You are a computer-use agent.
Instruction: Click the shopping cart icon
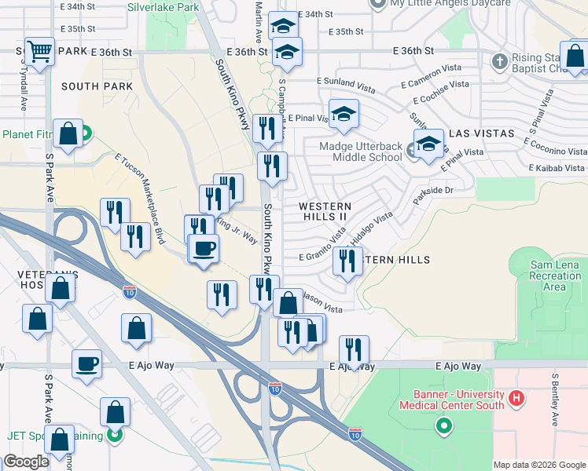39,53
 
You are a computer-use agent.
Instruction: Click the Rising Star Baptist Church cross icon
499,60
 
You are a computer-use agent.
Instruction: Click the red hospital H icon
516,399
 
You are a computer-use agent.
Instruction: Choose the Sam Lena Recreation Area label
556,276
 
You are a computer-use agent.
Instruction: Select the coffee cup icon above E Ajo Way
86,364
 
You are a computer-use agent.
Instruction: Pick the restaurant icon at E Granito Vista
347,261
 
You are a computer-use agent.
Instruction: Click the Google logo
27,461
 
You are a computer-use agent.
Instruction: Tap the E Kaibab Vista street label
557,168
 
